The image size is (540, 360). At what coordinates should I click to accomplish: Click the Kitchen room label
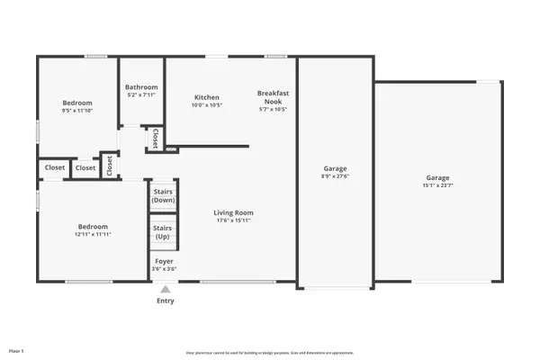tap(208, 96)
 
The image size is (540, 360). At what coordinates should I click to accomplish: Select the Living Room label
tap(231, 212)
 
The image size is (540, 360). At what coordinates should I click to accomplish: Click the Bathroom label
tap(141, 86)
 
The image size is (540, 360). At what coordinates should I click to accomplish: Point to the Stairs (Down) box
tap(163, 195)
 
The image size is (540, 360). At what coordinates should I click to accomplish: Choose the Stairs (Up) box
tap(163, 232)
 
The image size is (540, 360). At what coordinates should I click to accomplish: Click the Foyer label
tap(163, 261)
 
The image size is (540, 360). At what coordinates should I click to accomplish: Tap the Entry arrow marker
tap(165, 290)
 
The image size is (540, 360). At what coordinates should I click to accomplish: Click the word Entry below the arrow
tap(165, 301)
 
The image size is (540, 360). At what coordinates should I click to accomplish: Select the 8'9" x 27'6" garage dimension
tap(335, 176)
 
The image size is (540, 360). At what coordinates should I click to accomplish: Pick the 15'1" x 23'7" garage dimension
tap(437, 185)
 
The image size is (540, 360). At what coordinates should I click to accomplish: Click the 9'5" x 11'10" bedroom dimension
tap(77, 111)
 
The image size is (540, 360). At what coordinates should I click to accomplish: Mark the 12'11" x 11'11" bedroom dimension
tap(93, 234)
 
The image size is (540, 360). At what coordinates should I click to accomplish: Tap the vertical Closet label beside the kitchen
tap(155, 139)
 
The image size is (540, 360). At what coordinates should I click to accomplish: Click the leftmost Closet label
tap(55, 167)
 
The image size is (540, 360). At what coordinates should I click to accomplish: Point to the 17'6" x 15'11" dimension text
tap(231, 220)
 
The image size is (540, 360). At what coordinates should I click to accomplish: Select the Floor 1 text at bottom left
tap(17, 350)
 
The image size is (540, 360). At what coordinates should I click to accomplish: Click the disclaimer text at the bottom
tap(270, 352)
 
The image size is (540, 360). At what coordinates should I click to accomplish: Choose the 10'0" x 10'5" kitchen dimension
tap(208, 104)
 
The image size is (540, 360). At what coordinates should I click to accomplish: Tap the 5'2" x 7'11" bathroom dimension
tap(141, 94)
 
